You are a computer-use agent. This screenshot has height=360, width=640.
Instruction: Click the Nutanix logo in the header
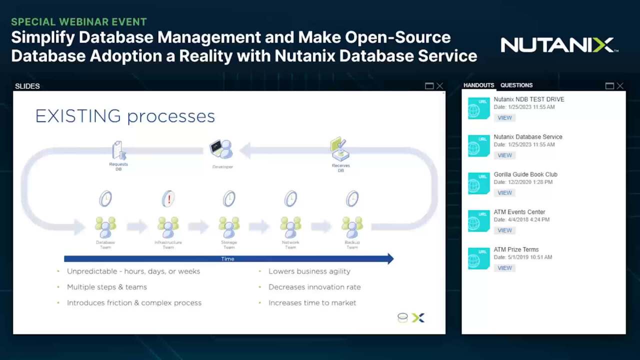(559, 45)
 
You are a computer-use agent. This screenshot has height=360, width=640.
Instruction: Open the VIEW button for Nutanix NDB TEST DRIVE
(504, 118)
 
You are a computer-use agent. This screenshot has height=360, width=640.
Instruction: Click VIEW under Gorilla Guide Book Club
(504, 193)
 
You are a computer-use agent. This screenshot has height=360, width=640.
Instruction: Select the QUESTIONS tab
(516, 85)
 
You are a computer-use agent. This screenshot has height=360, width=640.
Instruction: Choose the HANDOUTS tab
(478, 85)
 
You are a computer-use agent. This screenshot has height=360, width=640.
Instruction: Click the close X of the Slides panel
(439, 86)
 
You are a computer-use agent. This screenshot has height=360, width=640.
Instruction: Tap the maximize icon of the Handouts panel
(609, 86)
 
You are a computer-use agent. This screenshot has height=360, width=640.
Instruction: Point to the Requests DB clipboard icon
(118, 150)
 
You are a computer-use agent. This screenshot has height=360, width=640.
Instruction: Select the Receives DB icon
(340, 149)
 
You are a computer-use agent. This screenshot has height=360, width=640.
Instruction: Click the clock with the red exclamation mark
(168, 198)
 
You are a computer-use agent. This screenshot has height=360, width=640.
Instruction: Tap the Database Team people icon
(105, 227)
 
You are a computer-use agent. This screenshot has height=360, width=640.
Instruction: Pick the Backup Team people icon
(352, 227)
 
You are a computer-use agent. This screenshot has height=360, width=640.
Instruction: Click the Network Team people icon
(290, 227)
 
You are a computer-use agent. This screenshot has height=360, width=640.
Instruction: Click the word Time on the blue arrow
(227, 259)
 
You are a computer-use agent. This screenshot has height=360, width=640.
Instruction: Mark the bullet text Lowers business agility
(309, 271)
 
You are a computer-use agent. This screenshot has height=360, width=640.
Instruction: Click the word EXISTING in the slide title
(78, 116)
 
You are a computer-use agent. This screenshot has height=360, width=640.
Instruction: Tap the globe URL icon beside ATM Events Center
(478, 220)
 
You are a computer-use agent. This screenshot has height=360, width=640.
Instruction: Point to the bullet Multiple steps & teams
(107, 287)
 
